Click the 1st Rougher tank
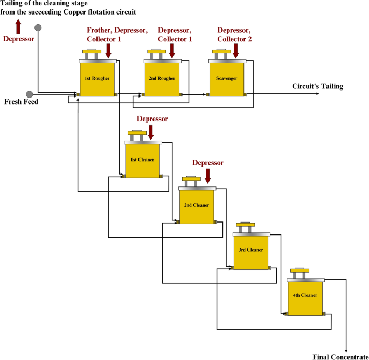coord(98,79)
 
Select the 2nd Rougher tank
coord(162,79)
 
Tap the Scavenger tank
coord(226,79)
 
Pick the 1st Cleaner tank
coord(142,160)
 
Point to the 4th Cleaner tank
coord(305,296)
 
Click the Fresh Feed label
coord(21,101)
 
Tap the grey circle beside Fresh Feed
coord(30,94)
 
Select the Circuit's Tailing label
coord(317,86)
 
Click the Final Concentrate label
coord(340,356)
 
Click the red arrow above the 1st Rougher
coord(109,51)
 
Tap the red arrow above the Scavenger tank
coord(236,51)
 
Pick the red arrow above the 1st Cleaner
coord(151,131)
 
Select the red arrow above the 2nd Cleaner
coord(207,175)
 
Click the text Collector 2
coord(234,39)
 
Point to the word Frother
coord(101,30)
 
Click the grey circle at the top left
coord(38,27)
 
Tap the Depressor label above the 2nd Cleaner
coord(207,163)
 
